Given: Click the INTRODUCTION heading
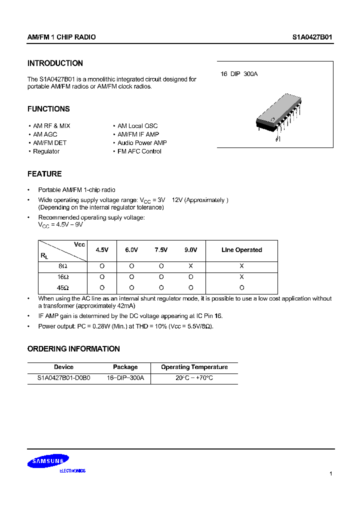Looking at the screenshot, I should [x=55, y=63].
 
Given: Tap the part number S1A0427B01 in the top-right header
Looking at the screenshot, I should [x=312, y=37].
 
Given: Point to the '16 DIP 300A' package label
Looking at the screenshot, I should [x=239, y=74].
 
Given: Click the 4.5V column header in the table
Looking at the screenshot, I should [x=102, y=250].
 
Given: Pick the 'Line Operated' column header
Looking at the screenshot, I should [x=241, y=250].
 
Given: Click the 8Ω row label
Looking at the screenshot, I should [x=63, y=267].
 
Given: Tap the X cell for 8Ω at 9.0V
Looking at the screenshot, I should [x=190, y=267].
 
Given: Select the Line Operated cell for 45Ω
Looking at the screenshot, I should [x=241, y=287].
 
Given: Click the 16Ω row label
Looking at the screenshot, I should [x=63, y=277].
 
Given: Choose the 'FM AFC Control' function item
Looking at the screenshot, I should [x=139, y=151].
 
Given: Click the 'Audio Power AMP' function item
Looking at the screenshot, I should [x=142, y=143].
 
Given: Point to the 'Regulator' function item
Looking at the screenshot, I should [x=46, y=151].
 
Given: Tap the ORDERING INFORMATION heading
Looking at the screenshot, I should [x=73, y=349].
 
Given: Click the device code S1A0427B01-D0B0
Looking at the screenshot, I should [x=63, y=378].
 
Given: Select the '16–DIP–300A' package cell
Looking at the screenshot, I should [x=125, y=378].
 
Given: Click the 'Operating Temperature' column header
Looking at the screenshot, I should [x=194, y=367].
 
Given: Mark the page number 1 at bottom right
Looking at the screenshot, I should [x=331, y=473].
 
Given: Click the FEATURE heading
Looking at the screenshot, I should [x=44, y=174].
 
